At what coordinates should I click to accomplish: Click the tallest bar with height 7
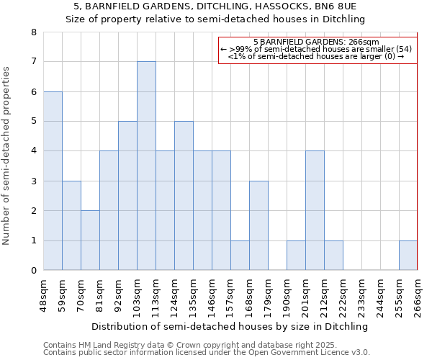146,166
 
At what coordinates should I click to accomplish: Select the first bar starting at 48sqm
53,181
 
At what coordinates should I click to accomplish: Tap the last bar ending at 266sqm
408,256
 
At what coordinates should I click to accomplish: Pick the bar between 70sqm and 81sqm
90,240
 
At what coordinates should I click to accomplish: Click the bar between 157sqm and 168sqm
240,256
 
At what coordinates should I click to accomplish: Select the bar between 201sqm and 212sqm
315,210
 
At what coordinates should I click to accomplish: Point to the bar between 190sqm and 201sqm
296,256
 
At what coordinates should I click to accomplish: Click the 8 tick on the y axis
34,32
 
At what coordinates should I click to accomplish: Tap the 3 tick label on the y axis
34,181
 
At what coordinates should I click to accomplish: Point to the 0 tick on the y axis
34,271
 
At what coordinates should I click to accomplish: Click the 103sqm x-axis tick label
138,296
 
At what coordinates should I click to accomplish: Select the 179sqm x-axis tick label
269,296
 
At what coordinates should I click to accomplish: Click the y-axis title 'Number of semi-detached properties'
7,155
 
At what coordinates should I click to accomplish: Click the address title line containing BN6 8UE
216,7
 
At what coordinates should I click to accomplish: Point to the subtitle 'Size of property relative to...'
216,19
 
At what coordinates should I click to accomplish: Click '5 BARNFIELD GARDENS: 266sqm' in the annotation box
321,42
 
